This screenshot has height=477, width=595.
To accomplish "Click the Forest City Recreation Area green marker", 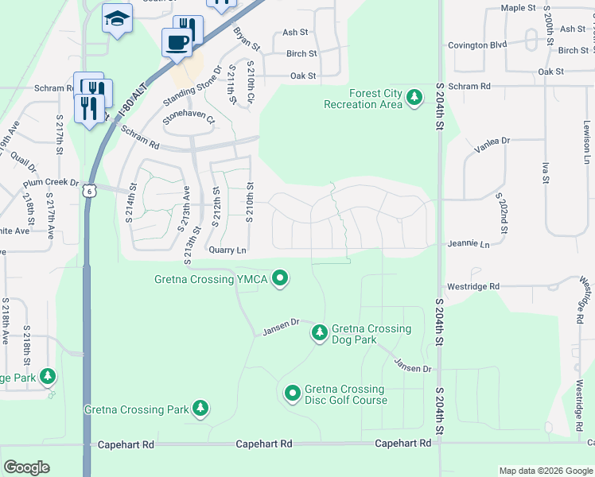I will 414,98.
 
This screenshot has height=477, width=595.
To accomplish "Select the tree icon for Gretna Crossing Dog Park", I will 319,332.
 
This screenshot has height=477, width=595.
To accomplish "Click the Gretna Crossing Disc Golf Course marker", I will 292,392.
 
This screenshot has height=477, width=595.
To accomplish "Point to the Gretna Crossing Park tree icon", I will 200,409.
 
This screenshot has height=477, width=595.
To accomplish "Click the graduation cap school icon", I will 117,18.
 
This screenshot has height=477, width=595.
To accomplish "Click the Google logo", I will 26,467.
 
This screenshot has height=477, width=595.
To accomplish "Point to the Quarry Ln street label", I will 227,250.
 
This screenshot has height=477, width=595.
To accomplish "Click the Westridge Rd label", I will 472,286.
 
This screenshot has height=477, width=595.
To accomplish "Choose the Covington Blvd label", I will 476,45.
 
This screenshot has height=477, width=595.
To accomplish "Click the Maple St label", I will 519,8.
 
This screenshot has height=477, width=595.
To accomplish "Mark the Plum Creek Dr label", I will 52,182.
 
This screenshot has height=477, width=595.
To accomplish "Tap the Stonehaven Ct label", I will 189,118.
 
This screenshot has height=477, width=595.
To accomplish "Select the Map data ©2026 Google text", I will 545,471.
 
